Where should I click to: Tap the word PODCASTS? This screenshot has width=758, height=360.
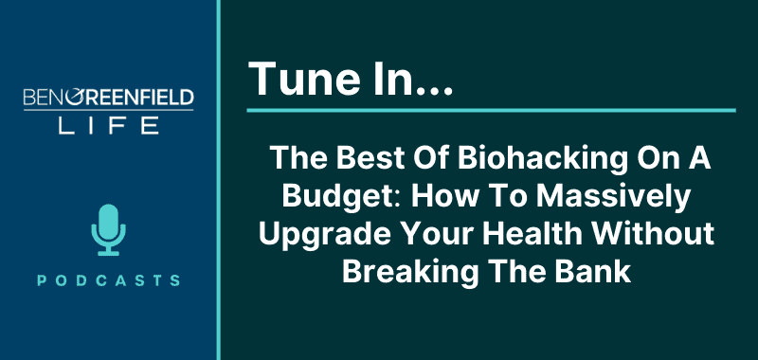pyautogui.click(x=109, y=280)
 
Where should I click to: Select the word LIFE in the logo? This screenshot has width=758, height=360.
pyautogui.click(x=108, y=125)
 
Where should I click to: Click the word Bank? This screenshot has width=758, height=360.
pyautogui.click(x=597, y=273)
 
